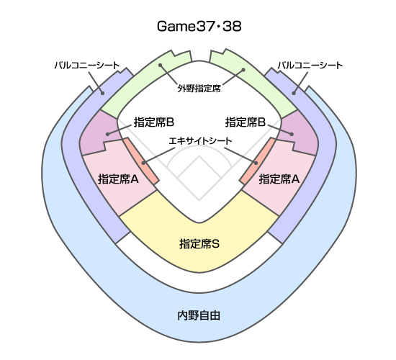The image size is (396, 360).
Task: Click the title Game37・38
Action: pos(199,26)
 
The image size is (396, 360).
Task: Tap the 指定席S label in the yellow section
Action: pos(199,244)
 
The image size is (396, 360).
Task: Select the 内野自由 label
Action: pos(199,315)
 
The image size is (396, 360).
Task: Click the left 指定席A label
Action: pos(119,179)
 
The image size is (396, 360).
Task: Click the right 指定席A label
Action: pos(279,179)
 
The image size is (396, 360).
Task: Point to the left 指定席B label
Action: pos(154,122)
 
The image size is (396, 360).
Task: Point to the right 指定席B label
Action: pos(246,122)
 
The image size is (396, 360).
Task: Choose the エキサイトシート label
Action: pos(200,140)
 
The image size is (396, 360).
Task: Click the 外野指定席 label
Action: pos(199,89)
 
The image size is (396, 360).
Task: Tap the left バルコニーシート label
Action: pos(87,66)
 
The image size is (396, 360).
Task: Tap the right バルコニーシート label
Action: pos(310,66)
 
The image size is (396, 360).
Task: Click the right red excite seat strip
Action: pos(257,161)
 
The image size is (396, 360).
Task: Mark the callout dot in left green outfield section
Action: pos(160,66)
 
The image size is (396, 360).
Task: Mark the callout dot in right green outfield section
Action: pos(243,70)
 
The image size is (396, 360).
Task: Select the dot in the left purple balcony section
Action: pos(102,93)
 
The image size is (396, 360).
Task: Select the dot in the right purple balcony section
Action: pos(294,93)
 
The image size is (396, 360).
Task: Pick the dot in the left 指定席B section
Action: pos(108,134)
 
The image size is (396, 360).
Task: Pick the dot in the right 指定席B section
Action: pos(292,134)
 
